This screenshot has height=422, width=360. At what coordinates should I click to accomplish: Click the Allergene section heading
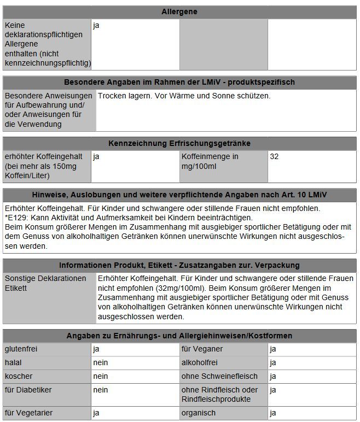[x=179, y=11]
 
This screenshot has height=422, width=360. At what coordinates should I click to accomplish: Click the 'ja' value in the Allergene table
[x=96, y=25]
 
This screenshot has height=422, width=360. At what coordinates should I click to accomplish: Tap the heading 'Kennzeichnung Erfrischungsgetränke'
[x=179, y=143]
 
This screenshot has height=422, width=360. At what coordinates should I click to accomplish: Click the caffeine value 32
[x=275, y=156]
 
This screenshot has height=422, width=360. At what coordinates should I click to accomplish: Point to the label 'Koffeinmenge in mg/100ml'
[x=210, y=161]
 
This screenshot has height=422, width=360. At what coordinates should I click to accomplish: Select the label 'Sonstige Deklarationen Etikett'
[x=45, y=283]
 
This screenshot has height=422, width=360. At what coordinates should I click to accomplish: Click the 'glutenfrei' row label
[x=21, y=349]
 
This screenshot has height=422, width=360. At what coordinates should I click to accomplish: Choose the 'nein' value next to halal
[x=101, y=362]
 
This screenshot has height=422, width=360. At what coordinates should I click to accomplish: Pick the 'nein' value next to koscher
[x=101, y=376]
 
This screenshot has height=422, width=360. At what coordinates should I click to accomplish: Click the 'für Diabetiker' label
[x=28, y=390]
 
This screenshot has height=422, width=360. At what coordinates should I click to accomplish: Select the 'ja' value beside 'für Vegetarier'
[x=96, y=413]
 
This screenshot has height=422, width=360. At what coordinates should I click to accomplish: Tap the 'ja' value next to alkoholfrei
[x=273, y=362]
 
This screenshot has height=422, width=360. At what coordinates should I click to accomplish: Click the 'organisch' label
[x=199, y=413]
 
